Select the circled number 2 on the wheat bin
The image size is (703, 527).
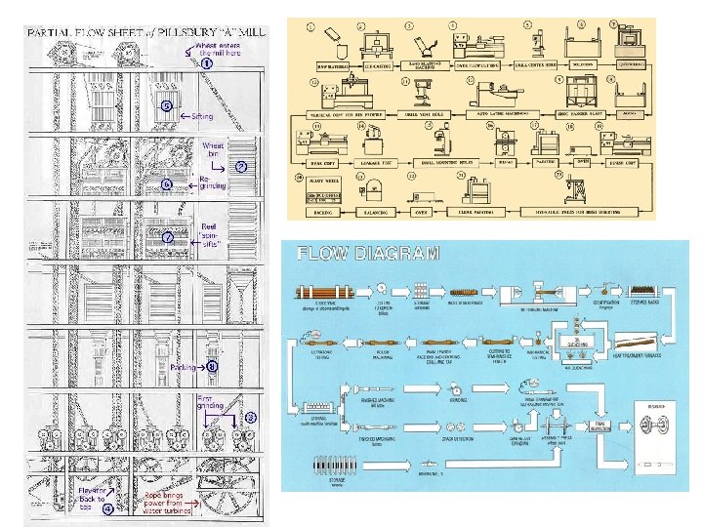[x=240, y=167]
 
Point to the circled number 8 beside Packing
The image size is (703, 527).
[x=212, y=367]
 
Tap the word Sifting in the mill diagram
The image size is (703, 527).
[x=201, y=115]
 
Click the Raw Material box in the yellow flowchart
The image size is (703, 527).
[x=315, y=65]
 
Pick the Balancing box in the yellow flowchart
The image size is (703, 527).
[x=372, y=211]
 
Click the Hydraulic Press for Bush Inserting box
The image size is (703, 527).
[x=591, y=211]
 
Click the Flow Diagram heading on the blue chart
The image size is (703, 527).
[x=368, y=254]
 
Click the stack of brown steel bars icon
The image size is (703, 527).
[x=323, y=291]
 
